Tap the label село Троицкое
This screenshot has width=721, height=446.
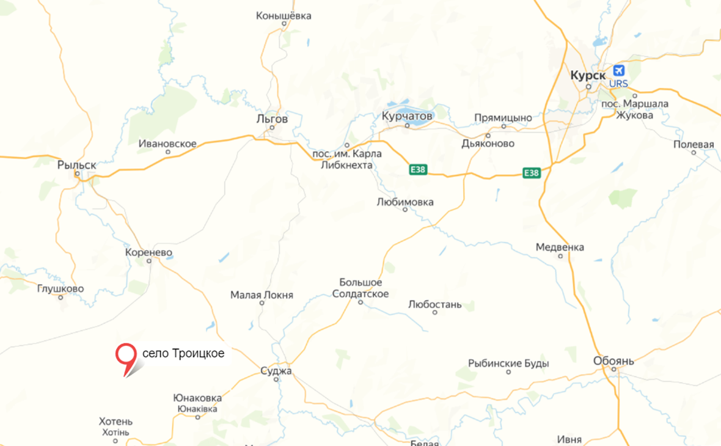click(183, 354)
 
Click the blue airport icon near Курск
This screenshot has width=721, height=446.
click(618, 71)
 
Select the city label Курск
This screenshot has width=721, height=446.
click(587, 75)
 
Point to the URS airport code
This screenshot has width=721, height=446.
click(618, 84)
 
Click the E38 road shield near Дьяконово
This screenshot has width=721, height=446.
click(532, 173)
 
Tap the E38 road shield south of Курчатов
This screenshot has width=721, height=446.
click(418, 169)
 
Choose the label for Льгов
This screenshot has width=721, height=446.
click(273, 119)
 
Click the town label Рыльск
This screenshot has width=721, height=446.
click(77, 165)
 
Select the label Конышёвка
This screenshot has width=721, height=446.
click(284, 16)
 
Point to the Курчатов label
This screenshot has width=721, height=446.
click(407, 115)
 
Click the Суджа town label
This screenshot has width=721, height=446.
click(276, 371)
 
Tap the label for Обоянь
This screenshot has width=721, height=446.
click(613, 361)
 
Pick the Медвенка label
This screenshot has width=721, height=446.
click(560, 247)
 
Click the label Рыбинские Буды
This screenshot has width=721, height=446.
click(508, 364)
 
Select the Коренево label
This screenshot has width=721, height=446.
click(148, 252)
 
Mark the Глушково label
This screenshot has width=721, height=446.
click(60, 289)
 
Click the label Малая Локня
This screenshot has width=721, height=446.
click(262, 295)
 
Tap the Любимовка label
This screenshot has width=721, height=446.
click(405, 202)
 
